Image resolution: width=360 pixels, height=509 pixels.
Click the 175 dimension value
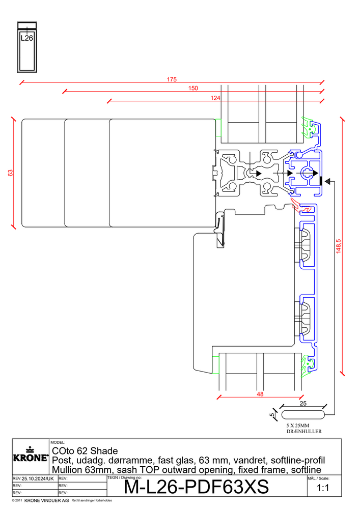172,79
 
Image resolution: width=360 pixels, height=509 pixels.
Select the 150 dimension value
193,88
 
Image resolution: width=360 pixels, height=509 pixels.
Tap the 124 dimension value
215,98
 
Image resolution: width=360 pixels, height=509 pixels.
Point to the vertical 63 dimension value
11,173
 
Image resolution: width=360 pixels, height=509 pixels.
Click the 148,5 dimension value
339,246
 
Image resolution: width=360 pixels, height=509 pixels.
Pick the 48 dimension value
260,394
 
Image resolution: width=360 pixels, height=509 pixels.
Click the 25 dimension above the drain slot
303,404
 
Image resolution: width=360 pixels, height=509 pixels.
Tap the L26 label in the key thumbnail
27,38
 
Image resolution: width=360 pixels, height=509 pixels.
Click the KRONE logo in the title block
31,455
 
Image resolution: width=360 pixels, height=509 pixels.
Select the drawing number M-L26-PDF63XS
197,487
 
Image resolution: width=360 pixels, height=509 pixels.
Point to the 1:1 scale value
323,488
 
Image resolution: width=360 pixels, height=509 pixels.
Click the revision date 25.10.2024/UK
38,479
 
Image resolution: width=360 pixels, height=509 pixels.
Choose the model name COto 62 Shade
85,451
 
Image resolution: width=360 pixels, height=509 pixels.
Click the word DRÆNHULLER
304,432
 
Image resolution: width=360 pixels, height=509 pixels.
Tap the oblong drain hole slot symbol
303,415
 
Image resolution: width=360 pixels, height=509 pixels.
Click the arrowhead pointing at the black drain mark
327,181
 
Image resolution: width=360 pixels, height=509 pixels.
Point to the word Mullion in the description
67,470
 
